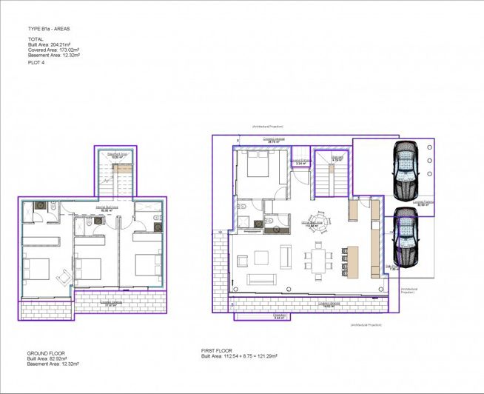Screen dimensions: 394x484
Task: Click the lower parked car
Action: click(x=405, y=236)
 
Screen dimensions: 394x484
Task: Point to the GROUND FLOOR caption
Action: click(x=47, y=353)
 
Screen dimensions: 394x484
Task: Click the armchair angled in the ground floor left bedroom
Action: click(x=64, y=275)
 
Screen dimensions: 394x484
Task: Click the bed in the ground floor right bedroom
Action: click(x=147, y=263)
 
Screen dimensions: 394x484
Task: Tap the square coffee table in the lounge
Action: click(x=263, y=258)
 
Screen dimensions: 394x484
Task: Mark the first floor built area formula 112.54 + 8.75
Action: click(x=239, y=356)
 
